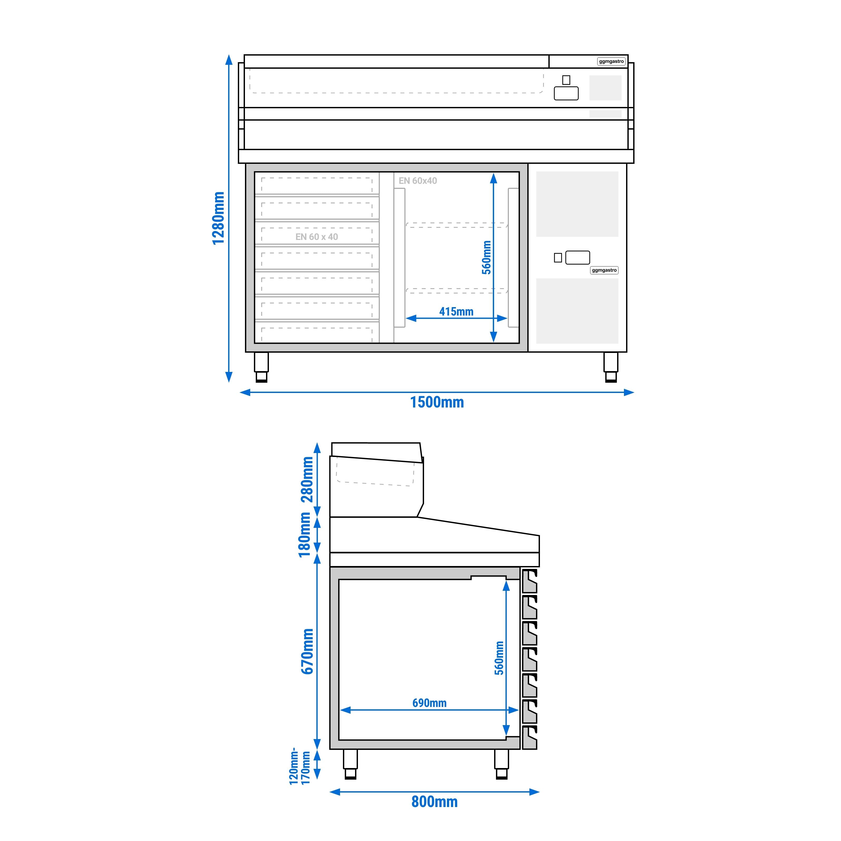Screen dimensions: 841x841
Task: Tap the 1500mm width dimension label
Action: [437, 402]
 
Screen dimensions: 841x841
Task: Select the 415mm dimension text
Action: [456, 312]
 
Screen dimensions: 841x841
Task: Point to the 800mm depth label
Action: [434, 802]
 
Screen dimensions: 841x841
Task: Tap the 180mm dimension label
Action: [305, 535]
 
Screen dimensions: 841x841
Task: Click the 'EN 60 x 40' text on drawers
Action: [317, 237]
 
